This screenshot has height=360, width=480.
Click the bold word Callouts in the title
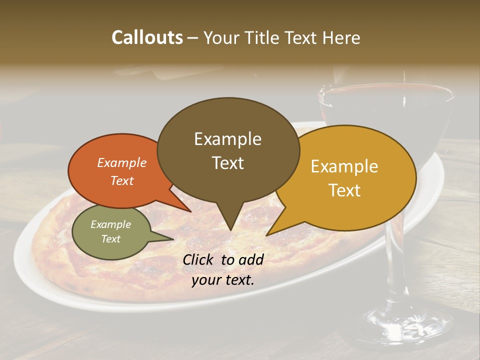(x=147, y=37)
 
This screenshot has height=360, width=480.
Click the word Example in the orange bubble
(x=122, y=162)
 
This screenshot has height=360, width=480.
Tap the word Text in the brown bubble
(x=228, y=163)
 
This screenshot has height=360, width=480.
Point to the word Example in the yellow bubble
(x=344, y=166)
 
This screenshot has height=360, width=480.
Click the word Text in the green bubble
(x=111, y=239)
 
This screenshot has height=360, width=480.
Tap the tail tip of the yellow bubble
(x=267, y=234)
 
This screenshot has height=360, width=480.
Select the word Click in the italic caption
(x=199, y=259)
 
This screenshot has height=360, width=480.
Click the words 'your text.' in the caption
(x=223, y=280)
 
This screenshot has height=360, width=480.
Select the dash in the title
(x=193, y=37)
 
